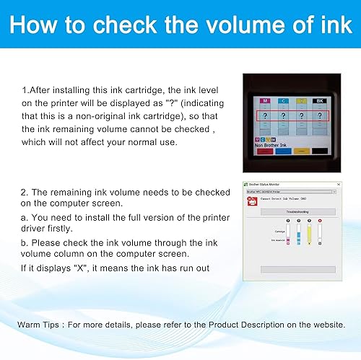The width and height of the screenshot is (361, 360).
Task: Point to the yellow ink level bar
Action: (x=309, y=232)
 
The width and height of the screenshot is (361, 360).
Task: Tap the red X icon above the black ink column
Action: (x=319, y=221)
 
